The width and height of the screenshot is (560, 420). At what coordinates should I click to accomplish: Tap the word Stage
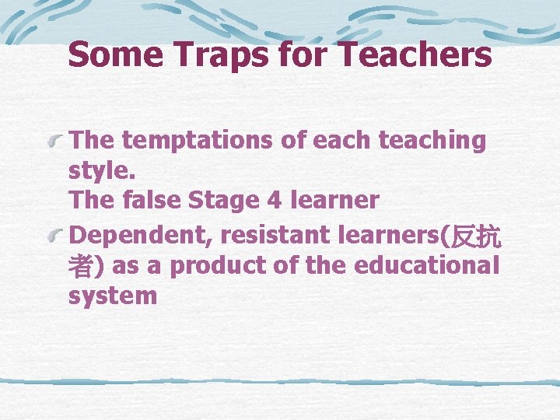tap(227, 201)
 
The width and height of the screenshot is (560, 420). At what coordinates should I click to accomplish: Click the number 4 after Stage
tap(273, 200)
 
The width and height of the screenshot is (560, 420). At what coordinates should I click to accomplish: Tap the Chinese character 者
tap(81, 266)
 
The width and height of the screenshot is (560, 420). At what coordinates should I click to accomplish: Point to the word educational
tap(426, 265)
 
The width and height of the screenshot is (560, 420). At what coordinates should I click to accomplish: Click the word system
tap(113, 296)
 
